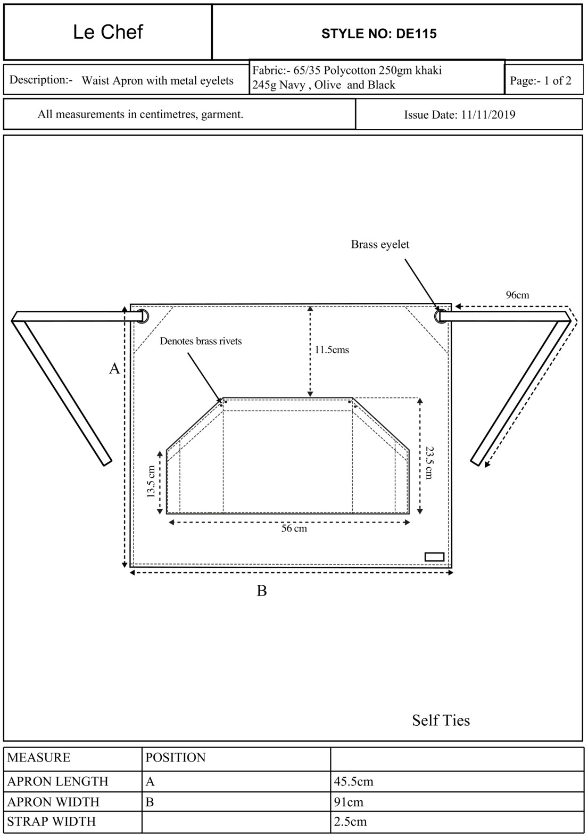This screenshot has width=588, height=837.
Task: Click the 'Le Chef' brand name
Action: pyautogui.click(x=107, y=32)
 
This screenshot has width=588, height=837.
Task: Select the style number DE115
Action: pyautogui.click(x=379, y=34)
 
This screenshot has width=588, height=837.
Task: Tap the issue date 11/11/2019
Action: pyautogui.click(x=459, y=115)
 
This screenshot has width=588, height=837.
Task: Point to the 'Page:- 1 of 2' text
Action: pyautogui.click(x=540, y=81)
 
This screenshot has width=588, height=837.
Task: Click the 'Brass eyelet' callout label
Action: pyautogui.click(x=380, y=245)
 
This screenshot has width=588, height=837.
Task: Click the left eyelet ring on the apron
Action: pyautogui.click(x=142, y=316)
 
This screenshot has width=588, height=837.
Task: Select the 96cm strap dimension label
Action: pyautogui.click(x=517, y=295)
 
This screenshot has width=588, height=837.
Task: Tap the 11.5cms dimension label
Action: pyautogui.click(x=332, y=350)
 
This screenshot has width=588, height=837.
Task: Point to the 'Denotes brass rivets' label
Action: pyautogui.click(x=201, y=341)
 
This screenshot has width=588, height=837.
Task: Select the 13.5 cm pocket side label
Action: pyautogui.click(x=151, y=482)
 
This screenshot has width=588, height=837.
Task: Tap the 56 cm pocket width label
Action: pyautogui.click(x=294, y=529)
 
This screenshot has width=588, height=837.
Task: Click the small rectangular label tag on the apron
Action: pyautogui.click(x=434, y=557)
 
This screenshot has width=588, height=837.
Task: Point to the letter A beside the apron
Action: pyautogui.click(x=114, y=369)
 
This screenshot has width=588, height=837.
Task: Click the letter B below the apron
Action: pyautogui.click(x=262, y=591)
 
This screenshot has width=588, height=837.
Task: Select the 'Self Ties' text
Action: pyautogui.click(x=441, y=720)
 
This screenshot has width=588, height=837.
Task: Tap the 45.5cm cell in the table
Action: pyautogui.click(x=353, y=782)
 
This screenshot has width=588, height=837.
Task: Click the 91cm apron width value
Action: pyautogui.click(x=349, y=802)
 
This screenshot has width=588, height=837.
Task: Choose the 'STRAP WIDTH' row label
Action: pyautogui.click(x=52, y=822)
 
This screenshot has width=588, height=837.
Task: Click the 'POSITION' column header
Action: pyautogui.click(x=175, y=758)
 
